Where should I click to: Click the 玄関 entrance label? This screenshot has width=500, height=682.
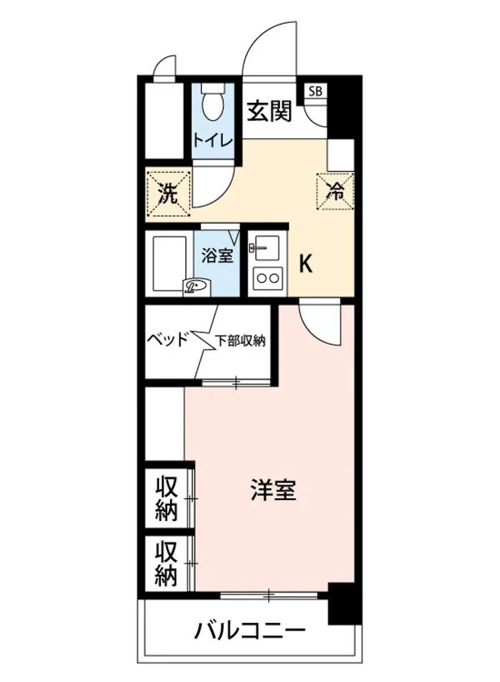coord(269,111)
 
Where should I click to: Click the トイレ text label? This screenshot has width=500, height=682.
coord(212,140)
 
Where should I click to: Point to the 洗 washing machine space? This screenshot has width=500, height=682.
coord(168,194)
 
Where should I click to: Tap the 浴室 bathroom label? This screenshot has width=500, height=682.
coord(217,256)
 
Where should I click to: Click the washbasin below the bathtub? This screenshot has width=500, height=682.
coord(197,286)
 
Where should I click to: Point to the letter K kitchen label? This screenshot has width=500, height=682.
coord(306,263)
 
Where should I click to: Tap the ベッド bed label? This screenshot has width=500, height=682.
coord(167,340)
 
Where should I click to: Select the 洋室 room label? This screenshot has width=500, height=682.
coord(274,490)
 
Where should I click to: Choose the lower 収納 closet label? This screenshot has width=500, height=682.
coord(167,563)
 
